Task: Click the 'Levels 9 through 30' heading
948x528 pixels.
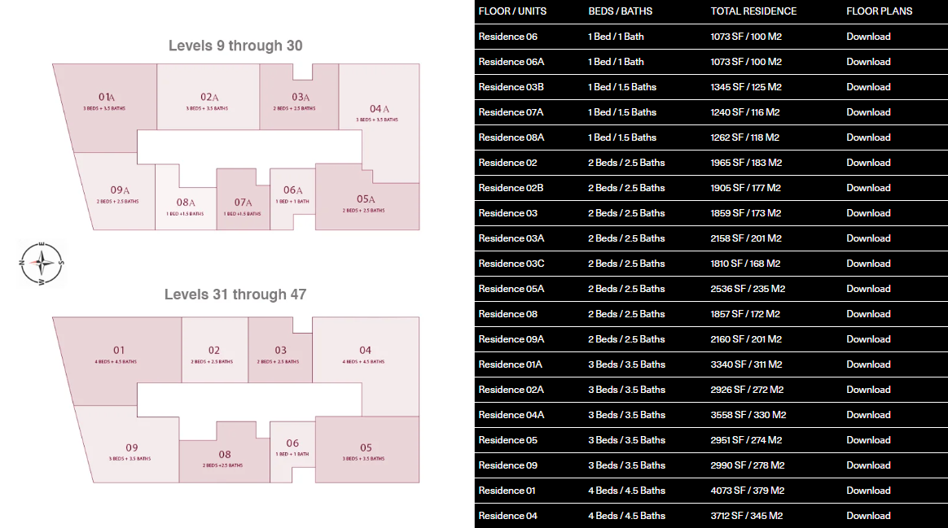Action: [x=235, y=46]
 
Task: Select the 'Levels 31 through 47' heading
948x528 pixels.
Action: [x=235, y=295]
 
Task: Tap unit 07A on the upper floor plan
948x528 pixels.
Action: [x=243, y=203]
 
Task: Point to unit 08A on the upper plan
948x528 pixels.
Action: [x=185, y=204]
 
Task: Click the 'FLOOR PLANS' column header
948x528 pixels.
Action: [x=879, y=11]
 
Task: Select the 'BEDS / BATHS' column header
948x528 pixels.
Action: [x=621, y=11]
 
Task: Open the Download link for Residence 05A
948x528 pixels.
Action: [x=868, y=289]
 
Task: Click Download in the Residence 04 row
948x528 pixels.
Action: [x=868, y=516]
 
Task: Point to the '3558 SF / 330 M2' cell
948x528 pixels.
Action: [x=748, y=415]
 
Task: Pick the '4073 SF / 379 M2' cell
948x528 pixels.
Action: [x=746, y=491]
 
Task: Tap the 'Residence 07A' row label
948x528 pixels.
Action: [x=511, y=112]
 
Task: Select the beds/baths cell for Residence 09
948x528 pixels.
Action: [x=626, y=465]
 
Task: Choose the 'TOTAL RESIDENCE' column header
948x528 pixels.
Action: [x=753, y=11]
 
